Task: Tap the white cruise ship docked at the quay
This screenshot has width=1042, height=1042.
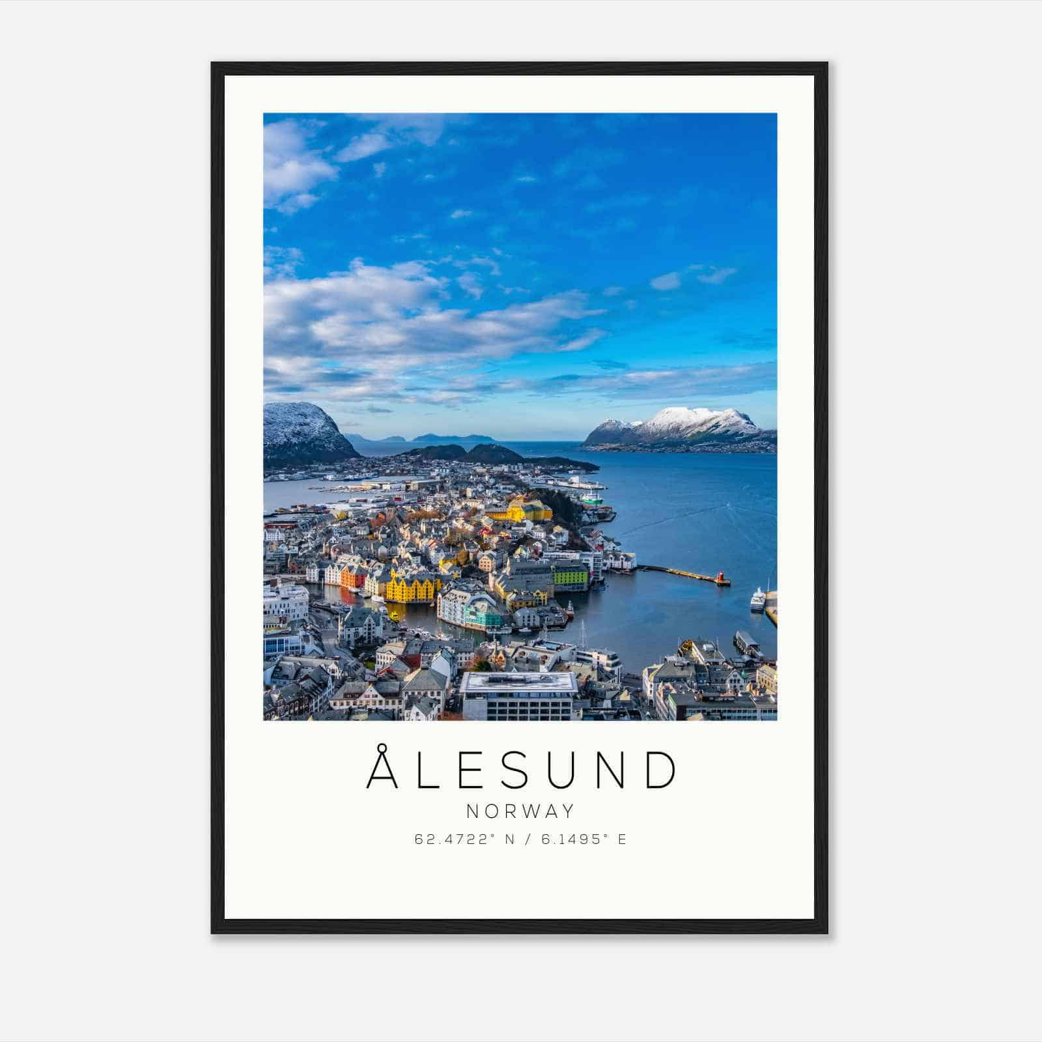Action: coord(757,598)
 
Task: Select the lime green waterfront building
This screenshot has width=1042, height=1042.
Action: coord(570,575)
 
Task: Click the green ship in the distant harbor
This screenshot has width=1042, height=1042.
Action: coord(591,498)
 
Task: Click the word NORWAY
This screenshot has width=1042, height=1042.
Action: coord(521,811)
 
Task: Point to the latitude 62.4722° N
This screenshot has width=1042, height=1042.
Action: coord(464,839)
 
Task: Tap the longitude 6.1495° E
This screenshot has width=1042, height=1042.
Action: coord(584,839)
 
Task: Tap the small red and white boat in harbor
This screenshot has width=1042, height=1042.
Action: coord(570,610)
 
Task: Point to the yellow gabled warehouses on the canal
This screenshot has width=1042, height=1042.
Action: coord(410,585)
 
